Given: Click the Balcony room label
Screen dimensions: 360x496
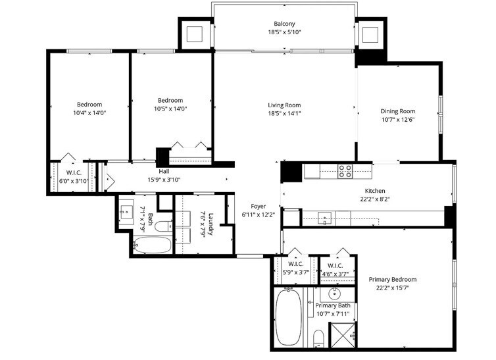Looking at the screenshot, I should (284, 24).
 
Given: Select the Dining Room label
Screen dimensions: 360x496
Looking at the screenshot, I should (399, 111).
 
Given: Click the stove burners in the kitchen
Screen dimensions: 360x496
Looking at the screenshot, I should (345, 171).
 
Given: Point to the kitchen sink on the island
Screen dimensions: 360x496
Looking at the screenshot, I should (325, 217).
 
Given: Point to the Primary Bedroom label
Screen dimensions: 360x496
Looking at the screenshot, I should (392, 279).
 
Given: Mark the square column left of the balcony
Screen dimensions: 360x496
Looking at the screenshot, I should (195, 33).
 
